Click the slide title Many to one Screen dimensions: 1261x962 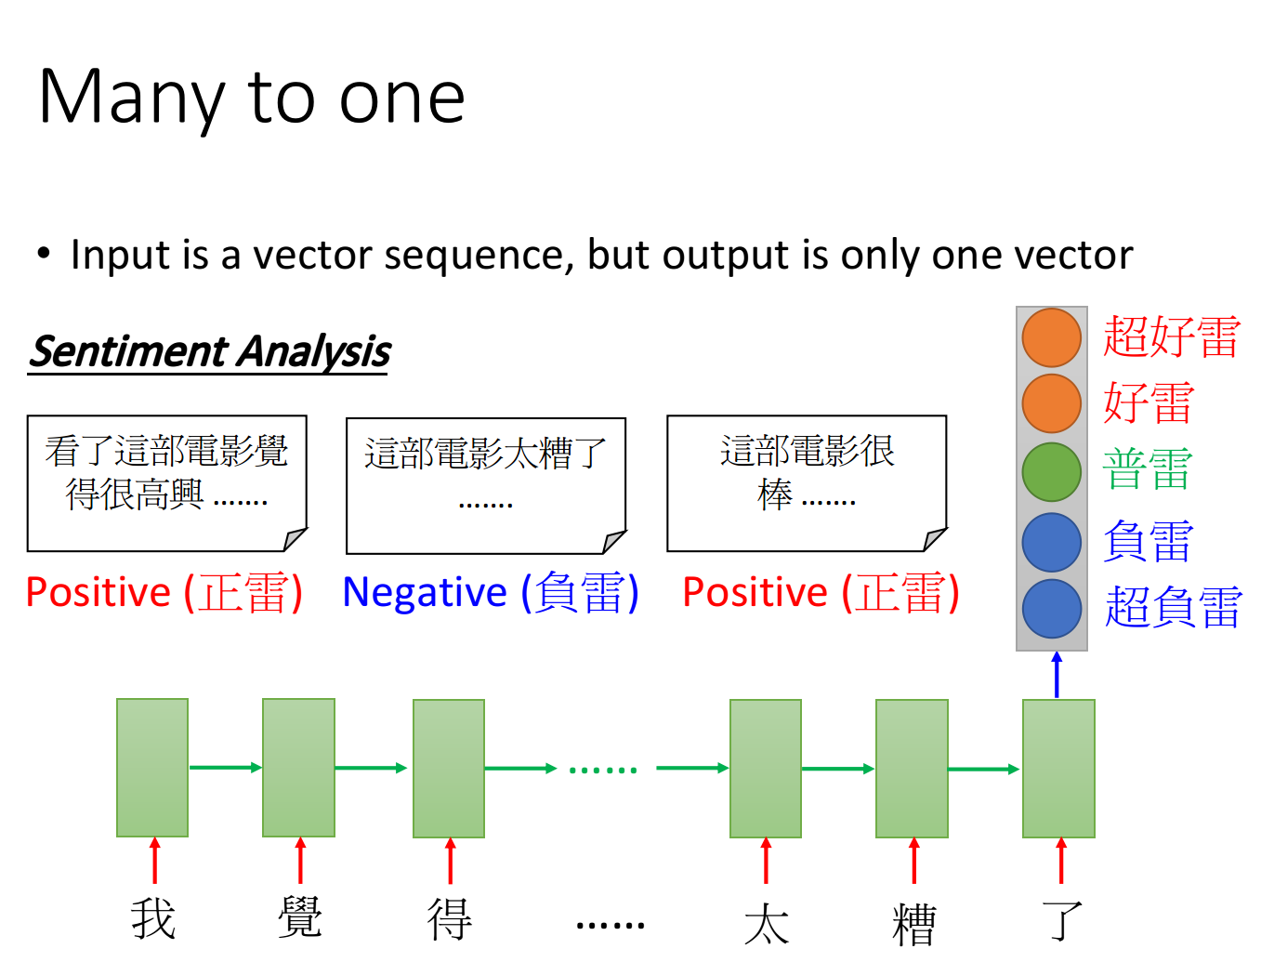pyautogui.click(x=252, y=99)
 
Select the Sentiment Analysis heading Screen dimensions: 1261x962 pyautogui.click(x=209, y=351)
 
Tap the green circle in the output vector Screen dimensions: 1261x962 pyautogui.click(x=1051, y=472)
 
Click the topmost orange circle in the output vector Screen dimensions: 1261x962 pyautogui.click(x=1051, y=337)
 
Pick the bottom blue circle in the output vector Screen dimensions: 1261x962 pyautogui.click(x=1051, y=609)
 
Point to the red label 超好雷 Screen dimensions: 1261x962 pyautogui.click(x=1172, y=336)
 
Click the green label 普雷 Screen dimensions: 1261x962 pyautogui.click(x=1148, y=469)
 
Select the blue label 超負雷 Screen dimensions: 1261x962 pyautogui.click(x=1173, y=607)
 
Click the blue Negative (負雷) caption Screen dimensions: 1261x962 pyautogui.click(x=490, y=592)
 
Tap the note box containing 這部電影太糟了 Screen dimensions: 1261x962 pyautogui.click(x=486, y=485)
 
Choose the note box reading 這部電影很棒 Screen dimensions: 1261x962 pyautogui.click(x=807, y=483)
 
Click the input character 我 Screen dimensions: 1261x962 pyautogui.click(x=152, y=918)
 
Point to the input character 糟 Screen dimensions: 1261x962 pyautogui.click(x=913, y=924)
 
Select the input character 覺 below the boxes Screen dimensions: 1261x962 pyautogui.click(x=299, y=916)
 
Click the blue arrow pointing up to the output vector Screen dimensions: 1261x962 pyautogui.click(x=1057, y=675)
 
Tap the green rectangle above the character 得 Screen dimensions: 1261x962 pyautogui.click(x=449, y=769)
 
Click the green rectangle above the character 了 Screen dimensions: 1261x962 pyautogui.click(x=1058, y=769)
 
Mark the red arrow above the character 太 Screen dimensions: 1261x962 pyautogui.click(x=765, y=861)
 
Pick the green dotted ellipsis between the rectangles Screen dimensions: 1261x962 pyautogui.click(x=603, y=770)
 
